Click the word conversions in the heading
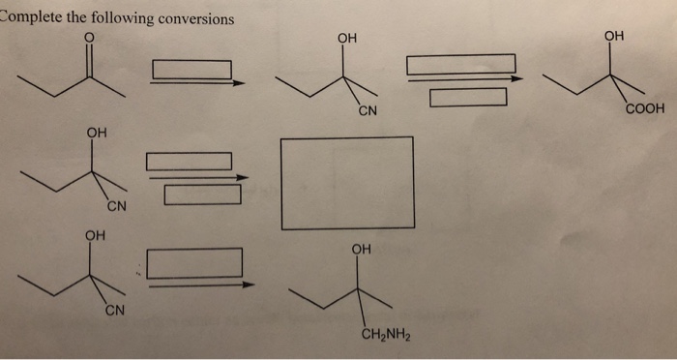coord(193,18)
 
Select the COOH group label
coord(645,108)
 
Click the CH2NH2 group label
coord(387,337)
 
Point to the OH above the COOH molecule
coord(614,36)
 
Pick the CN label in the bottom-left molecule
coord(113,311)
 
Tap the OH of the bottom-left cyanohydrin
coord(94,234)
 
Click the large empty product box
coord(347,183)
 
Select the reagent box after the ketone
coord(191,70)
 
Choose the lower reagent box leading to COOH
coord(468,97)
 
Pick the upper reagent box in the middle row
coord(189,161)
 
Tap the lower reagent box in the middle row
coord(202,195)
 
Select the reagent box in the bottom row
coord(194,262)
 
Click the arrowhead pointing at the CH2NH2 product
coord(250,285)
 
